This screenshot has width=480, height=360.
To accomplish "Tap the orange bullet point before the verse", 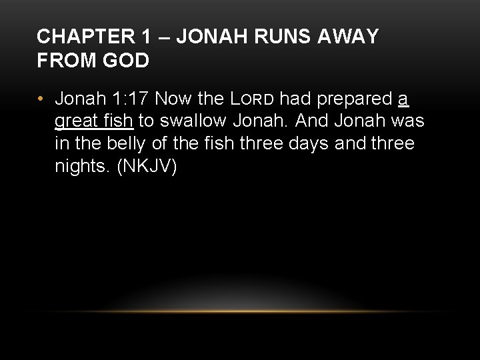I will click(41, 99).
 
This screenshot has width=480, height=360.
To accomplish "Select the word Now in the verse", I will click(173, 99).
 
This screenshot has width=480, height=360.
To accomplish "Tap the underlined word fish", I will click(119, 121).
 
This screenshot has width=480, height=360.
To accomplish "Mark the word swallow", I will click(195, 121).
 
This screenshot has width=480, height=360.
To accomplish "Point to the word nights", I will click(83, 167).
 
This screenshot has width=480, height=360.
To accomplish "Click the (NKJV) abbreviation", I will click(147, 167).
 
